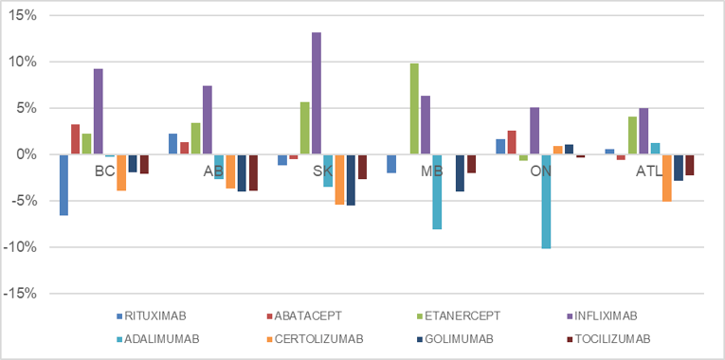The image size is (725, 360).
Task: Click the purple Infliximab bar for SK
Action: tap(317, 93)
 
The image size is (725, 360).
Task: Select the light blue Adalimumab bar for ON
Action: tap(547, 201)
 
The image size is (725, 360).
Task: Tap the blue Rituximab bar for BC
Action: tap(63, 185)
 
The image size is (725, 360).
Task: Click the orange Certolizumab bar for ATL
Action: tap(666, 178)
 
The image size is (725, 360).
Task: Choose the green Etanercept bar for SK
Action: tap(305, 128)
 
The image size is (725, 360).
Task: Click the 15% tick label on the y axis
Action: tap(21, 16)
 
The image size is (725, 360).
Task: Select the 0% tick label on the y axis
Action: tap(25, 154)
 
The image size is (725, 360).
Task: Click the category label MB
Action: tap(431, 171)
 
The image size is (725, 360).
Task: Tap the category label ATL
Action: tap(649, 171)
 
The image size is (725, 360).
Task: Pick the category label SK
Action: tap(322, 171)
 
